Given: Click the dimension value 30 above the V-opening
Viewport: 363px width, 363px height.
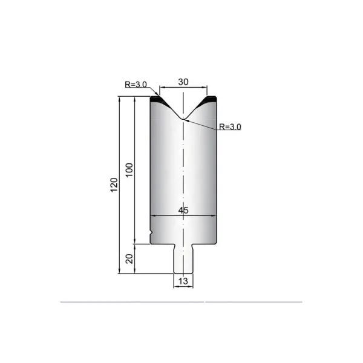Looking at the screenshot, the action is tap(183, 82).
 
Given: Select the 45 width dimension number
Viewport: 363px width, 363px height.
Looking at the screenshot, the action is tap(183, 211).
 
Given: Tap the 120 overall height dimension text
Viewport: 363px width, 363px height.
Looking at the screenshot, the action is tap(114, 185).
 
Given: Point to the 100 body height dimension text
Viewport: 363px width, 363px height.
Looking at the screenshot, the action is tap(129, 170).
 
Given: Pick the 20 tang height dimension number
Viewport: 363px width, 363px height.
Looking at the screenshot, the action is tap(129, 259).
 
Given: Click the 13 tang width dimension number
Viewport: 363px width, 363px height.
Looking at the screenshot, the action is tap(183, 281).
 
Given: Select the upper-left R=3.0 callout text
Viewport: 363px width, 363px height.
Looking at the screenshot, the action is tap(136, 85).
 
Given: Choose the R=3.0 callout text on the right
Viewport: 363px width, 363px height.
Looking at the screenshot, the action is tap(230, 126).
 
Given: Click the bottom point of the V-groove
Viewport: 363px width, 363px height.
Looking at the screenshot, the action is tap(183, 119).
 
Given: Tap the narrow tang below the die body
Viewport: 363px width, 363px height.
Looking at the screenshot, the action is tap(183, 258).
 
